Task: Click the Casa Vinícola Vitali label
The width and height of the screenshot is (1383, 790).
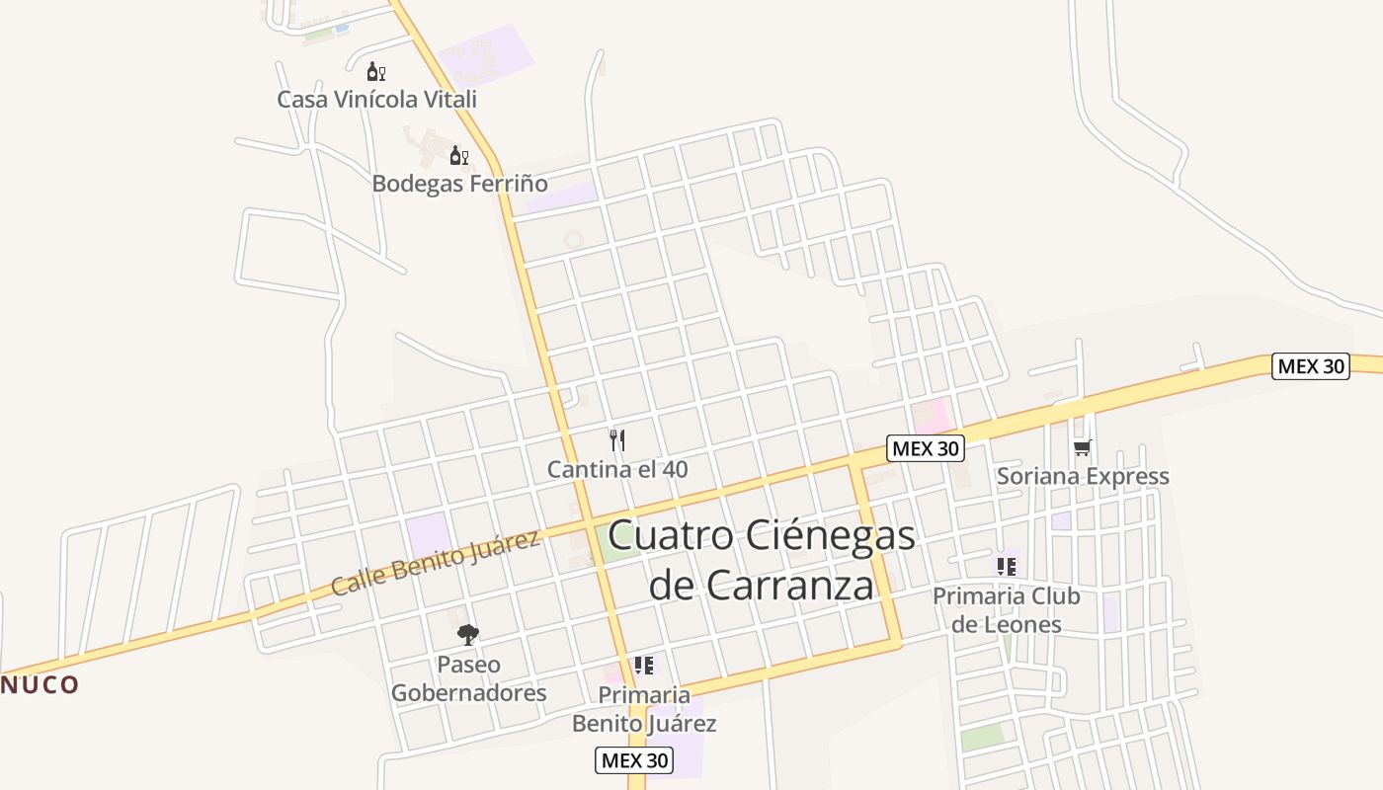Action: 376,99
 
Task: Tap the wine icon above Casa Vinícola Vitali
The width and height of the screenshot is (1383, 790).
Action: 375,71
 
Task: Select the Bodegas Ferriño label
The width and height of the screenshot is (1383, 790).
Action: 459,184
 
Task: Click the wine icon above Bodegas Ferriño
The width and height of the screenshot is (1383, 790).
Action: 458,155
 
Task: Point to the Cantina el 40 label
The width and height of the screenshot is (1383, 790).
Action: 617,469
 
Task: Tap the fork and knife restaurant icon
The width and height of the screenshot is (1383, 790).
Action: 617,440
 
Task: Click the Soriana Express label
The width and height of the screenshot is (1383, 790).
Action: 1083,476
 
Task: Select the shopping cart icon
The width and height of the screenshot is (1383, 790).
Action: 1083,448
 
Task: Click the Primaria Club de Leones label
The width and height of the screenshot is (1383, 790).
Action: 1007,610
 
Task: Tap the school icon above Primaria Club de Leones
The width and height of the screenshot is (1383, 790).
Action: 1006,567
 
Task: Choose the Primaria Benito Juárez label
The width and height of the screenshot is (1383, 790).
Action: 644,709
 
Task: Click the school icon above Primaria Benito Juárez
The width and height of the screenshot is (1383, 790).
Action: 644,666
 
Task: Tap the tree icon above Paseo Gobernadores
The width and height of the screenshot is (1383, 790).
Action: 468,635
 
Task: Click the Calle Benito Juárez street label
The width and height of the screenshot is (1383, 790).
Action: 436,563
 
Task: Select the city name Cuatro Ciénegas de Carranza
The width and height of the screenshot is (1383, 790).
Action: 761,560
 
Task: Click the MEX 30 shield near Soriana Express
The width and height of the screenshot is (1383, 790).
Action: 925,448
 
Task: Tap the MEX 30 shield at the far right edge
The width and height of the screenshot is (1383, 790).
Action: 1310,365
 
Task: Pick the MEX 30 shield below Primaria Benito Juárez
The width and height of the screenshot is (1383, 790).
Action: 634,760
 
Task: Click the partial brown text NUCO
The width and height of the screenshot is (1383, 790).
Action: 40,684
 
